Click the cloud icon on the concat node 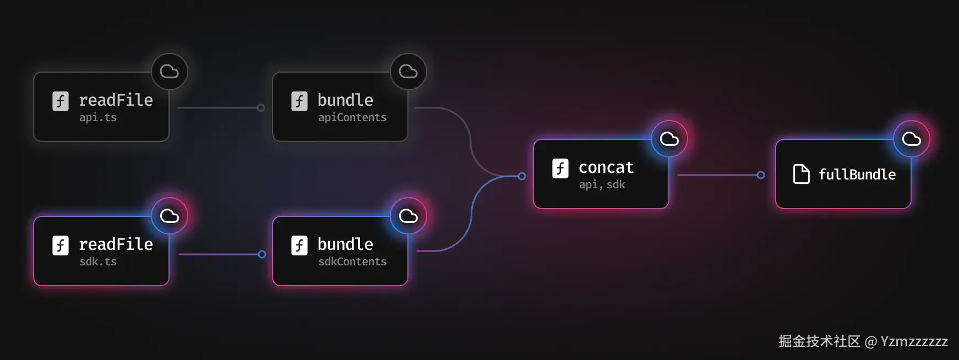669,139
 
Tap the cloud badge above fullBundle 911,139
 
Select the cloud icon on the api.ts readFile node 169,72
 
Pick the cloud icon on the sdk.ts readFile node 169,216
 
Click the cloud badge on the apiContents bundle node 408,72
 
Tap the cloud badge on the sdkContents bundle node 408,216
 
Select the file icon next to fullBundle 801,174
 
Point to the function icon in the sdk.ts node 61,246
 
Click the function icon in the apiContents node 299,101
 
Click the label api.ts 98,117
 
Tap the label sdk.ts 98,261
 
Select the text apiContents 352,117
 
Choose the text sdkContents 352,261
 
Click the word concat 606,167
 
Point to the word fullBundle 857,174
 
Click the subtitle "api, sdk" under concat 602,184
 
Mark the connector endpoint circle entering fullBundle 761,175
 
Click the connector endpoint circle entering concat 522,176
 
